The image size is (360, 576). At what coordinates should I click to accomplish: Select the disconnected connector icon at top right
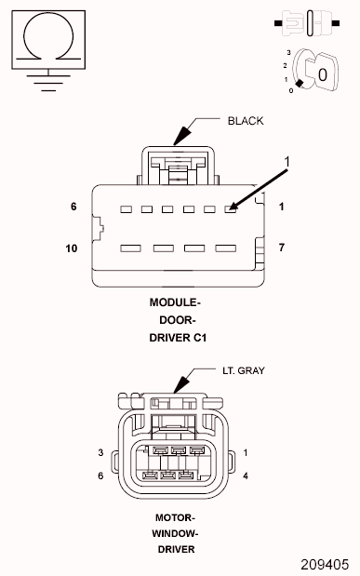tap(307, 23)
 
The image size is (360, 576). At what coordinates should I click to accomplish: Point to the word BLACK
tap(246, 121)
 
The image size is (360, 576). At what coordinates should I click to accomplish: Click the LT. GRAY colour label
tap(244, 370)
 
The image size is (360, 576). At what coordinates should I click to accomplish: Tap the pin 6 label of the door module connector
tap(73, 207)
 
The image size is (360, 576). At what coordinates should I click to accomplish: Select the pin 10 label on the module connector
tap(72, 248)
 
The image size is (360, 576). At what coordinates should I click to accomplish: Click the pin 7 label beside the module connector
tap(281, 248)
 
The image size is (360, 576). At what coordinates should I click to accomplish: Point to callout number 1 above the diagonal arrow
tap(287, 162)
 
